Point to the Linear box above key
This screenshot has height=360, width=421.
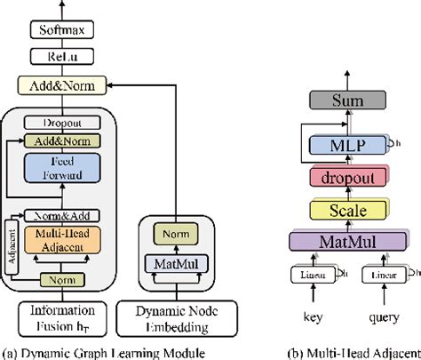click(x=310, y=277)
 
